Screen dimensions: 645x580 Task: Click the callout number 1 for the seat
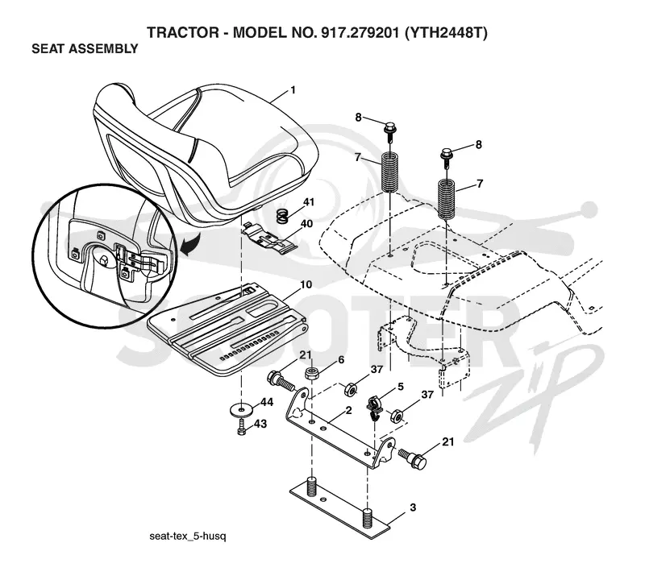click(x=293, y=90)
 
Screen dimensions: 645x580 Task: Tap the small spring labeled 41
click(x=281, y=216)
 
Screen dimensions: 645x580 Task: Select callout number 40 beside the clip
click(x=307, y=224)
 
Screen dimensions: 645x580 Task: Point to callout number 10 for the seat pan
click(x=306, y=284)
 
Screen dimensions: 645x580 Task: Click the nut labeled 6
click(x=312, y=374)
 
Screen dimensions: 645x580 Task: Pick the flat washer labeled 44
click(x=240, y=410)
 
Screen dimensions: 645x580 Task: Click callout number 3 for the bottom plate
click(x=413, y=507)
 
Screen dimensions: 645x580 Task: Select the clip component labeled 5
click(x=375, y=408)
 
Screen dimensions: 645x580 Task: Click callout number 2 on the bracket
click(x=349, y=410)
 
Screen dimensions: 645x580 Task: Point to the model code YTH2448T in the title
click(x=447, y=32)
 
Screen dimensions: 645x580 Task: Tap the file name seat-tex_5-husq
click(x=188, y=536)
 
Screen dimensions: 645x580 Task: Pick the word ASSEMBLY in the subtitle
click(x=103, y=48)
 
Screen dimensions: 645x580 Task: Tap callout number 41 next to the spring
click(x=309, y=202)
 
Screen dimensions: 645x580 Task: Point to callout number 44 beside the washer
click(x=267, y=402)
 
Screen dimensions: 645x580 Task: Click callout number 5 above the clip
click(x=400, y=387)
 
